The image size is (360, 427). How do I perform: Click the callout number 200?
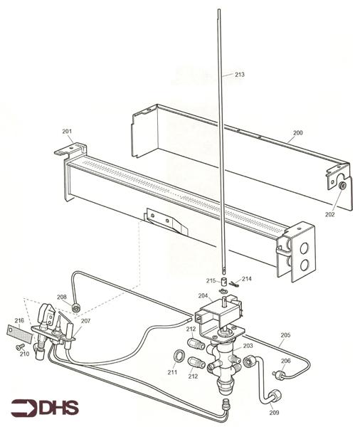(297, 133)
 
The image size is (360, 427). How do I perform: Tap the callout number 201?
(67, 132)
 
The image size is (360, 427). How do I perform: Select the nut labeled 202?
(343, 186)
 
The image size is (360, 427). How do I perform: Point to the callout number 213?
(239, 74)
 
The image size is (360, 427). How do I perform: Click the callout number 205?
(285, 334)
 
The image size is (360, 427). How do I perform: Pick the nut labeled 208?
(75, 308)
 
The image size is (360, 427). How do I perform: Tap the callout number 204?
(203, 295)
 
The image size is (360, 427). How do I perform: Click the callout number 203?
(248, 345)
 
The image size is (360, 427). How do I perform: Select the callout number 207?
(85, 322)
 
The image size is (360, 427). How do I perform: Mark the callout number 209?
(275, 412)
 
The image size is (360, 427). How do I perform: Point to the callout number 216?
(19, 321)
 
